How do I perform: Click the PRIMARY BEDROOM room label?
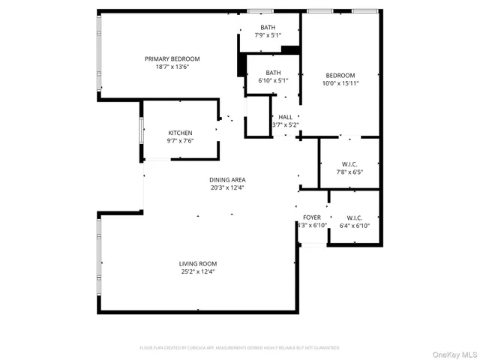point(172,58)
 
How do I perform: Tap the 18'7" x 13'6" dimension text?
point(172,67)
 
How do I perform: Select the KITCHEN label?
point(180,133)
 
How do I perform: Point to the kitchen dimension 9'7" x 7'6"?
point(180,141)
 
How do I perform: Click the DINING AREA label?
point(227,180)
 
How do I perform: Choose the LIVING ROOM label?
point(198,263)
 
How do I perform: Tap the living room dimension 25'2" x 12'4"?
point(198,271)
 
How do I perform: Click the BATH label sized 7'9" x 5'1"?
point(268,27)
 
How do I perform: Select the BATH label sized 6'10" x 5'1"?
point(262,73)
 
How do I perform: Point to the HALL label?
point(286,117)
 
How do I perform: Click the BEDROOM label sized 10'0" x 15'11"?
point(340,75)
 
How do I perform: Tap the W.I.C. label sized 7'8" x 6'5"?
point(349,164)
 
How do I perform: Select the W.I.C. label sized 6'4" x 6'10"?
point(355,217)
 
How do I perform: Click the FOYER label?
point(312,217)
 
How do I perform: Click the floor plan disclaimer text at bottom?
point(240,348)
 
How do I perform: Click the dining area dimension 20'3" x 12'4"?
point(227,188)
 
